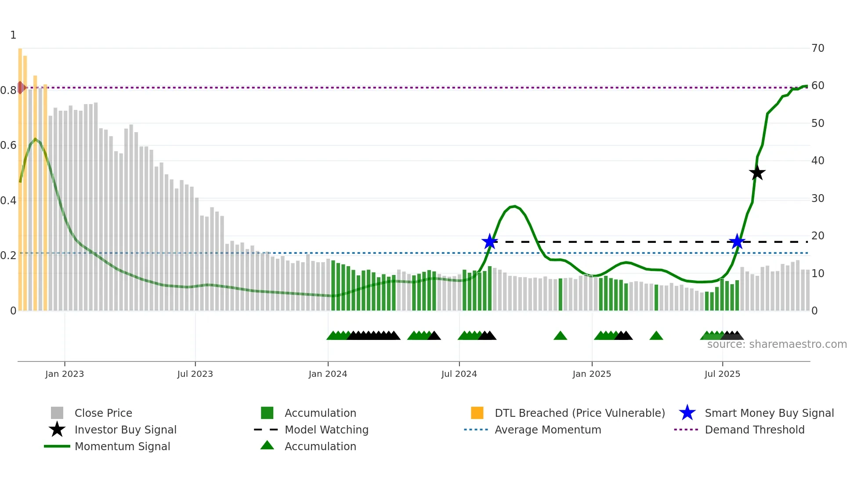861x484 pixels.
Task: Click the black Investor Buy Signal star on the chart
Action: (x=757, y=173)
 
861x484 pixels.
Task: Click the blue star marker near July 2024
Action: (x=489, y=241)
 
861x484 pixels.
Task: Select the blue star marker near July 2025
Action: (x=737, y=242)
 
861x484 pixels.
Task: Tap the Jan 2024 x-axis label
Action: (x=328, y=374)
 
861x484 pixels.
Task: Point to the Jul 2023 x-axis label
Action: (x=195, y=374)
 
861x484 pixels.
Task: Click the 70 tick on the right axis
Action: (x=818, y=48)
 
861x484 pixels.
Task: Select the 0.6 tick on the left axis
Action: (x=8, y=145)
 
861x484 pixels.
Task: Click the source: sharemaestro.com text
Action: (x=777, y=344)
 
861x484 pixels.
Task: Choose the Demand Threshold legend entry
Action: (x=754, y=430)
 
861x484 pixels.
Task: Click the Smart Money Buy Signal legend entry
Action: (x=769, y=413)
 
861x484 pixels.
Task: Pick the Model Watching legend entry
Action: (x=326, y=430)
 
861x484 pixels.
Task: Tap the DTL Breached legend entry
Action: (x=579, y=413)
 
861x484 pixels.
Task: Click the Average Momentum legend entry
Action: (x=547, y=430)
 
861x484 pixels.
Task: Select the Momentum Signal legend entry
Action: (x=122, y=446)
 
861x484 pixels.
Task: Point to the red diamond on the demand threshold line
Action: (x=21, y=87)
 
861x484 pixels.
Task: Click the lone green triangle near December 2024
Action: (x=560, y=336)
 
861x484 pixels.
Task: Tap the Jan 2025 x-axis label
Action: (x=592, y=374)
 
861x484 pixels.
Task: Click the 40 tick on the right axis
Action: (x=818, y=161)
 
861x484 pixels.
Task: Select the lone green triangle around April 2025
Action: (x=656, y=336)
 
